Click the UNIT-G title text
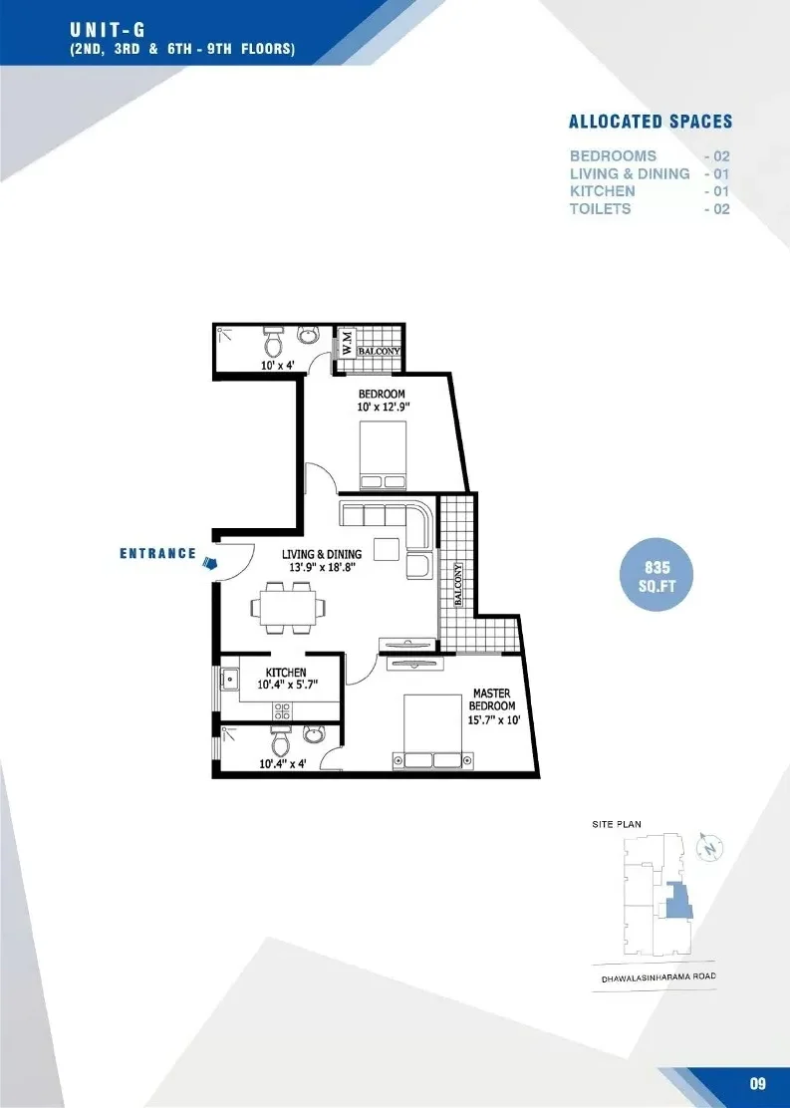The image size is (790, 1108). pyautogui.click(x=108, y=29)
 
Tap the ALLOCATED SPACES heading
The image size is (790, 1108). pyautogui.click(x=651, y=122)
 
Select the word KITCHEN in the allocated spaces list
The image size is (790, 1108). pyautogui.click(x=603, y=191)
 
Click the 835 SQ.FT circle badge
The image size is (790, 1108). pyautogui.click(x=657, y=576)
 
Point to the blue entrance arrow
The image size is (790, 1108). pyautogui.click(x=210, y=562)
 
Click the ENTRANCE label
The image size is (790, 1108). pyautogui.click(x=158, y=553)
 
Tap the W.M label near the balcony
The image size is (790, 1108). pyautogui.click(x=347, y=344)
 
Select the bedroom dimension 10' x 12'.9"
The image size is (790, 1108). pyautogui.click(x=384, y=407)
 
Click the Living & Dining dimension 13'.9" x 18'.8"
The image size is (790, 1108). pyautogui.click(x=322, y=567)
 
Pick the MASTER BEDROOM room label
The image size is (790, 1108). pyautogui.click(x=492, y=699)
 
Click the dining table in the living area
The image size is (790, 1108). pyautogui.click(x=288, y=608)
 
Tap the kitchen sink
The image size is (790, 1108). pyautogui.click(x=229, y=680)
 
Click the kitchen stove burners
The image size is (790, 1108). pyautogui.click(x=282, y=711)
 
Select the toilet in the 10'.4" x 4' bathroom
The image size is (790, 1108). pyautogui.click(x=281, y=742)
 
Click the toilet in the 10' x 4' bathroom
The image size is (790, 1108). pyautogui.click(x=273, y=342)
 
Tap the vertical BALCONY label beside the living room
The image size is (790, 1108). pyautogui.click(x=458, y=584)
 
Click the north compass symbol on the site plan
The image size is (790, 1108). pyautogui.click(x=710, y=846)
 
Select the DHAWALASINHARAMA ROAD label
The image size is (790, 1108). pyautogui.click(x=658, y=977)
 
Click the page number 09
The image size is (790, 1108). pyautogui.click(x=757, y=1083)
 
